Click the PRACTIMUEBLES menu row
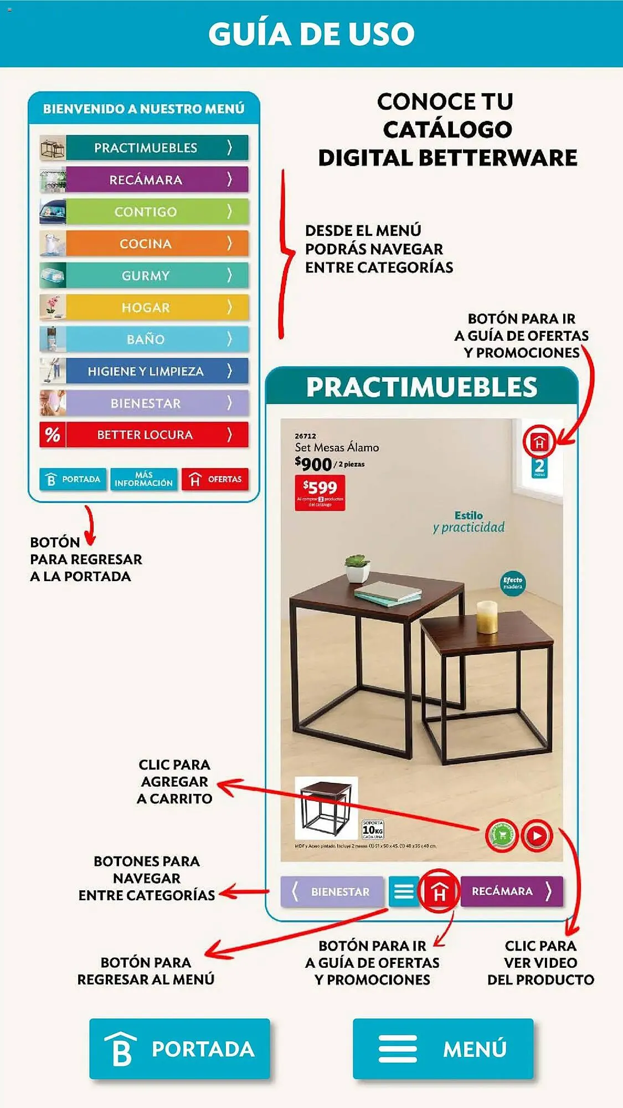[145, 148]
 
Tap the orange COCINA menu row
[145, 244]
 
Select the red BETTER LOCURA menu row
[145, 435]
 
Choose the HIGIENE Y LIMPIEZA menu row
[145, 371]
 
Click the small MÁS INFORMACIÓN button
[143, 479]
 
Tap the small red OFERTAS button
[215, 479]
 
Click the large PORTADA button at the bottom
[179, 1049]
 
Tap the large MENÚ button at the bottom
[443, 1049]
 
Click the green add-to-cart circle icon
[502, 835]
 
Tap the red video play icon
[537, 835]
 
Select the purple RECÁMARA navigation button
[511, 891]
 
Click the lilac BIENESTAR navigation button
[332, 891]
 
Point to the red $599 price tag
[320, 492]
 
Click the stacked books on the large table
[388, 593]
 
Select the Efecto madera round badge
[513, 583]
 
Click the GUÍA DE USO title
[311, 34]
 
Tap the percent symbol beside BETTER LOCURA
[53, 435]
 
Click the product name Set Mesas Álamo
[337, 448]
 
